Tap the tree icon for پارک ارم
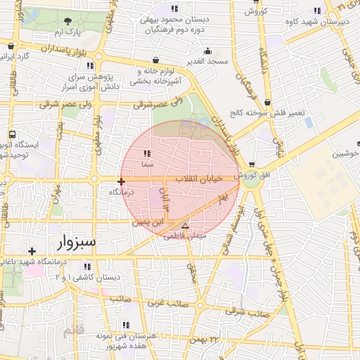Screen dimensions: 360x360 click(67, 22)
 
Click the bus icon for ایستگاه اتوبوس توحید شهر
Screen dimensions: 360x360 click(12, 134)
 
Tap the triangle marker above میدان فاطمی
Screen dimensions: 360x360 click(185, 226)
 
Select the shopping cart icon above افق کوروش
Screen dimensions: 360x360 click(252, 165)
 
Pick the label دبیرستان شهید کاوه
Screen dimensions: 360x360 click(317, 21)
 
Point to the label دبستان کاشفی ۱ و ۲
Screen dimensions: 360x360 click(87, 278)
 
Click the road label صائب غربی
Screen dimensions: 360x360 click(167, 304)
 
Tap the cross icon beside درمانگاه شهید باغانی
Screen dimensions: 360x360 click(32, 250)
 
